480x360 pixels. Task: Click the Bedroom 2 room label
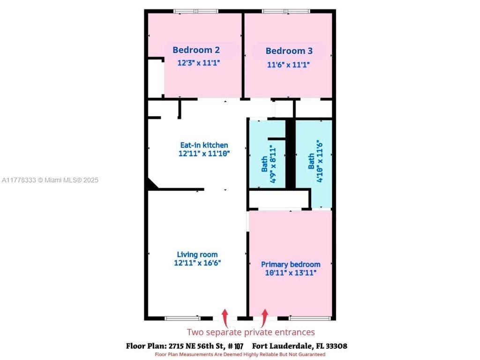point(196,50)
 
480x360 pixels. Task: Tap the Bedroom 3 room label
point(289,51)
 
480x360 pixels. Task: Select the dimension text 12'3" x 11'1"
point(199,63)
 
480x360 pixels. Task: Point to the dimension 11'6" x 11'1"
point(288,65)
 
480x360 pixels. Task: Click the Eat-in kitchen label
point(204,145)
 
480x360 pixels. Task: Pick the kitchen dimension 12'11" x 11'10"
point(204,153)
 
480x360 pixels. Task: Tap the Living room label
point(197,255)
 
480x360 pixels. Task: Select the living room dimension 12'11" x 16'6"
point(197,262)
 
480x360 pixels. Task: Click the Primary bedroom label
point(291,264)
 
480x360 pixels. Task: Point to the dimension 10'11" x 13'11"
point(291,272)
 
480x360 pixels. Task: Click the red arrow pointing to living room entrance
point(225,318)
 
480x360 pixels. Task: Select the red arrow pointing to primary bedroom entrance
point(264,318)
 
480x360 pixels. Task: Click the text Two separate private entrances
point(251,332)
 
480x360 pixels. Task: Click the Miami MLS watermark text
point(50,180)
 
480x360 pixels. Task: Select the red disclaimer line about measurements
point(240,354)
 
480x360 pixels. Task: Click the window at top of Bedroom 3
point(286,11)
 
